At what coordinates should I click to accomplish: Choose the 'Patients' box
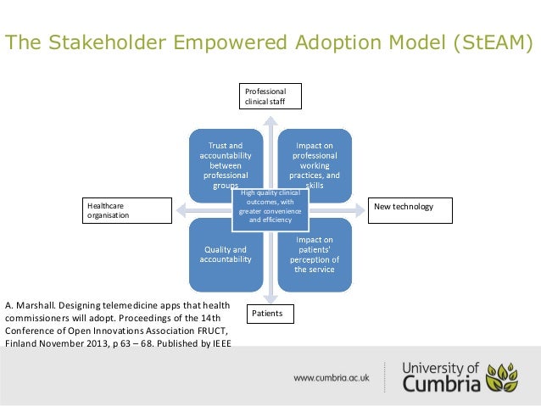(x=270, y=314)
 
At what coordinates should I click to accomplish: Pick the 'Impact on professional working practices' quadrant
(x=315, y=161)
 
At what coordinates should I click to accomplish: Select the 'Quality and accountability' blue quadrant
(x=226, y=255)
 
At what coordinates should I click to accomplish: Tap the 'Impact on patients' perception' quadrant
(x=315, y=255)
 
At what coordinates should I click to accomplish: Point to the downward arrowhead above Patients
(x=270, y=298)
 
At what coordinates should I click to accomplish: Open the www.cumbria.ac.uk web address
(x=332, y=376)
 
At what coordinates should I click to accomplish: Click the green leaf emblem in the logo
(x=505, y=376)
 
